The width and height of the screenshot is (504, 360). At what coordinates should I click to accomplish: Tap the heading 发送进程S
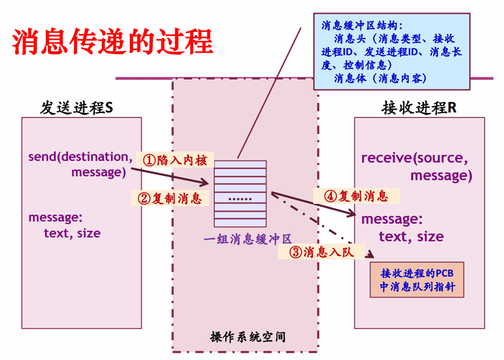(x=76, y=108)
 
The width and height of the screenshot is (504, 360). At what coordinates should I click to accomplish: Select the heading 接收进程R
(x=419, y=108)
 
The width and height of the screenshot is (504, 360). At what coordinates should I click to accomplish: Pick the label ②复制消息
(x=170, y=198)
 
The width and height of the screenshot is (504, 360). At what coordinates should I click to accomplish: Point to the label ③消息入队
(x=321, y=252)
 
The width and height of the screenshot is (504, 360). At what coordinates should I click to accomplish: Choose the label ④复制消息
(x=356, y=196)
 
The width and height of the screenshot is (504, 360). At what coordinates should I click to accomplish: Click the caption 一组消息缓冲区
(x=248, y=239)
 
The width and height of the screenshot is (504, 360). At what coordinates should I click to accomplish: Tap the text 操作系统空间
(x=248, y=337)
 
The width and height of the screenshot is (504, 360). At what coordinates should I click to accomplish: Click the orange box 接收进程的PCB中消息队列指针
(x=417, y=280)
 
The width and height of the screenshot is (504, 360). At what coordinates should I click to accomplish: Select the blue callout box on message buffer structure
(x=391, y=51)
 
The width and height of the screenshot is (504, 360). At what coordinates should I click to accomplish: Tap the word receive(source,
(x=415, y=158)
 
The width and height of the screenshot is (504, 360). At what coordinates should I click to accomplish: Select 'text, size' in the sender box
(x=72, y=233)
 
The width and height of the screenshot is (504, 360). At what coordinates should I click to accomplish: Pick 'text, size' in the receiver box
(x=411, y=237)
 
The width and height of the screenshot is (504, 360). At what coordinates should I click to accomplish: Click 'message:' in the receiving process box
(x=391, y=219)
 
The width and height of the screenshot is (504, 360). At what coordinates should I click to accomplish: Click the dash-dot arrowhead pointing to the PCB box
(x=371, y=256)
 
